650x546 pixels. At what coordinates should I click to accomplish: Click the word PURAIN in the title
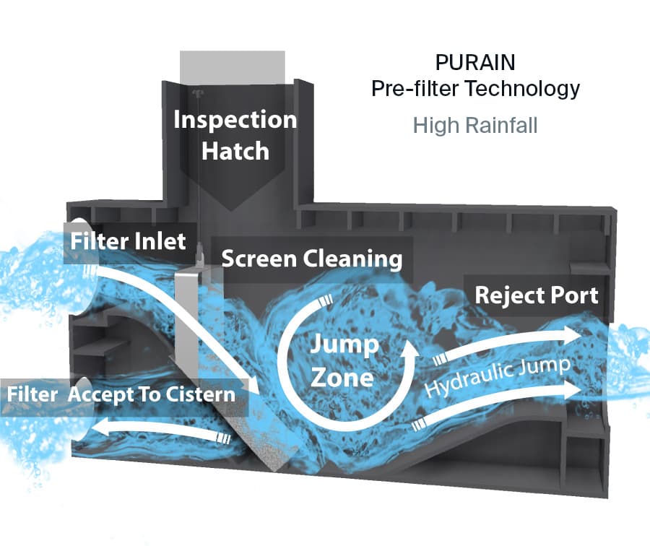click(x=475, y=61)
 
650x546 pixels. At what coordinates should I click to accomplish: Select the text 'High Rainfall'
click(x=475, y=125)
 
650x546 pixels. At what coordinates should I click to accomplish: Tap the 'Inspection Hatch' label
click(x=235, y=135)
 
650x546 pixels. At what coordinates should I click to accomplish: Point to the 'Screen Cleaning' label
click(x=311, y=259)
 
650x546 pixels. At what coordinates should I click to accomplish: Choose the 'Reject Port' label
click(x=536, y=295)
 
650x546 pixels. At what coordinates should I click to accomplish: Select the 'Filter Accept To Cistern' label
click(x=121, y=394)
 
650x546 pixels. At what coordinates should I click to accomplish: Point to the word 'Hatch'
click(x=235, y=151)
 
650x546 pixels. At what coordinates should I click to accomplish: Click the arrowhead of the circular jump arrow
click(x=409, y=350)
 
